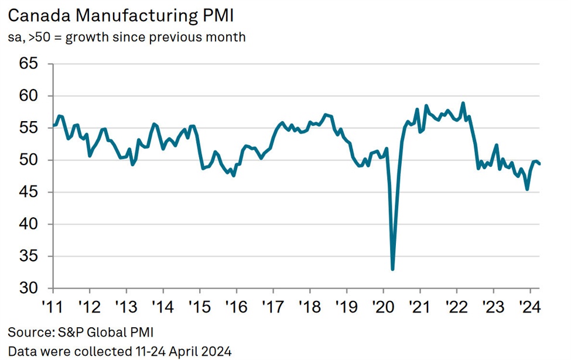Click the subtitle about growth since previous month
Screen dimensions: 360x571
point(126,37)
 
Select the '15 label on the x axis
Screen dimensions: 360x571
point(199,306)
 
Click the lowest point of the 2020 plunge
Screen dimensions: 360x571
point(392,269)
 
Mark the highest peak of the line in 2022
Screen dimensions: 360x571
point(463,103)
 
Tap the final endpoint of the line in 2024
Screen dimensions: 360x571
point(539,164)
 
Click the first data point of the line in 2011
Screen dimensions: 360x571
point(54,125)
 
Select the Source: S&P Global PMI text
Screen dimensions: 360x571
point(80,333)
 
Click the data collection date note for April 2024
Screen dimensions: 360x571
point(119,351)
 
